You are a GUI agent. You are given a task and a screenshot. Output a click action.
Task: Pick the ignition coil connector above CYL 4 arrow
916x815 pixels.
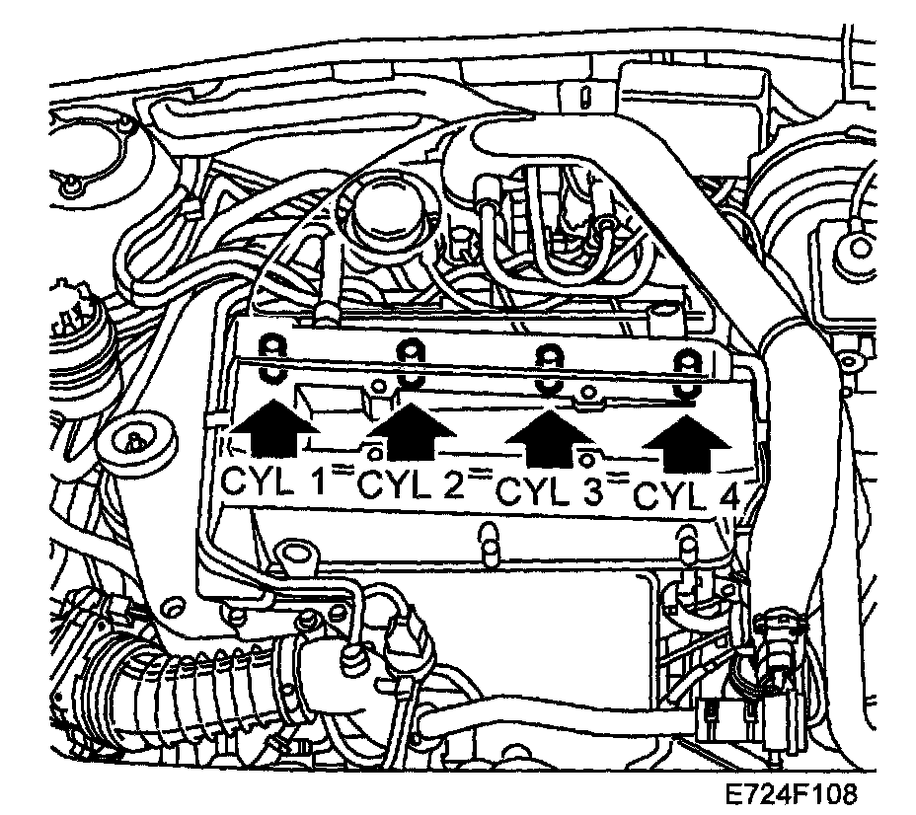coord(680,375)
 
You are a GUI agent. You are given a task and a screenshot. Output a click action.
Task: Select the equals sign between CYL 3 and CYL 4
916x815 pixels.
coord(619,481)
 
